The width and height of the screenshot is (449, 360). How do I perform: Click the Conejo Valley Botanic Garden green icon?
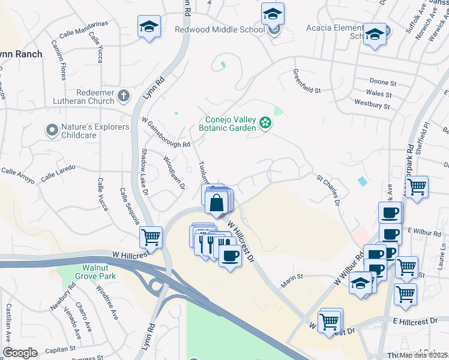265,124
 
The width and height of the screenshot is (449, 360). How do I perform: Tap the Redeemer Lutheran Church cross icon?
123,95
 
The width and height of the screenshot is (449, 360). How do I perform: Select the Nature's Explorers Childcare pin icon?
52,129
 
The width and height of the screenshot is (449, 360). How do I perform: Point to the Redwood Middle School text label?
219,29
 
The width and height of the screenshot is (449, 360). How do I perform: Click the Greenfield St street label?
307,81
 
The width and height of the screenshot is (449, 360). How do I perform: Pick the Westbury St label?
372,106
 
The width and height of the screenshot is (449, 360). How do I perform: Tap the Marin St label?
291,277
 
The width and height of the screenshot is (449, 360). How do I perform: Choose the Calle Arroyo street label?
17,171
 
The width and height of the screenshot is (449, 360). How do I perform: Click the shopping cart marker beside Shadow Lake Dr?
151,236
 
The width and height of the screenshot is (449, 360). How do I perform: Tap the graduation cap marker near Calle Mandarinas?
149,26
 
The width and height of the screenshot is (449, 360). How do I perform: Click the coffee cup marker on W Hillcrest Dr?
229,256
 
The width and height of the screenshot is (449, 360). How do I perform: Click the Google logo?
20,353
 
